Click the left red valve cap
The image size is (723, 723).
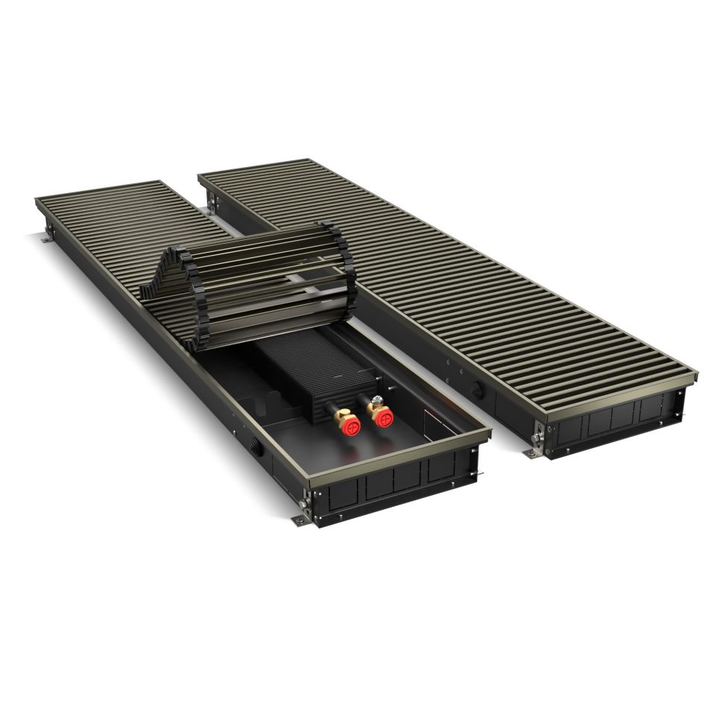click(x=350, y=426)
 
